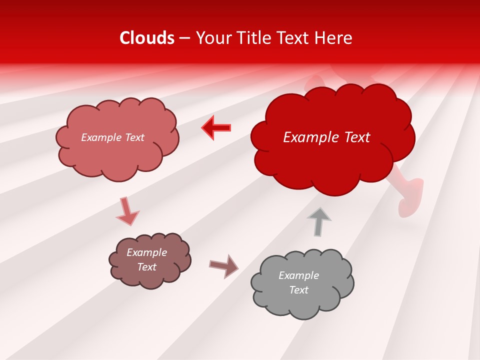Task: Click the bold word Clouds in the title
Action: point(147,38)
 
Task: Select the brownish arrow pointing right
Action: point(224,266)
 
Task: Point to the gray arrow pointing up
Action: point(319,221)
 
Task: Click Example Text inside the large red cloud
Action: point(326,137)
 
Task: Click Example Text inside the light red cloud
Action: point(112,137)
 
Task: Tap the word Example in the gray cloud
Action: point(298,275)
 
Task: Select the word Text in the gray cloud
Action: point(298,290)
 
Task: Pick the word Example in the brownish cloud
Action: point(146,252)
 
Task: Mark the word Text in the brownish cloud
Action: point(146,267)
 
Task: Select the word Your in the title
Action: point(210,38)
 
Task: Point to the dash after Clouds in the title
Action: point(184,38)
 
